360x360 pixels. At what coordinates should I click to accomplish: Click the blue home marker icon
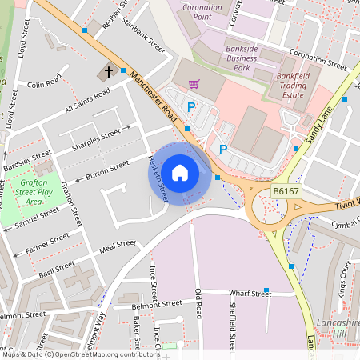pyautogui.click(x=180, y=172)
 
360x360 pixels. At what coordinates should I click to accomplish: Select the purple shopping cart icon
pyautogui.click(x=193, y=82)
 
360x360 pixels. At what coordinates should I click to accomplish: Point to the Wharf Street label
pyautogui.click(x=250, y=294)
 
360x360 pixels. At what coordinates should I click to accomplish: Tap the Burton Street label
pyautogui.click(x=107, y=169)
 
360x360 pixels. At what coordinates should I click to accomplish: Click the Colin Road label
pyautogui.click(x=44, y=82)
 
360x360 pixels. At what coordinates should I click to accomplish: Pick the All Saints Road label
pyautogui.click(x=87, y=102)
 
